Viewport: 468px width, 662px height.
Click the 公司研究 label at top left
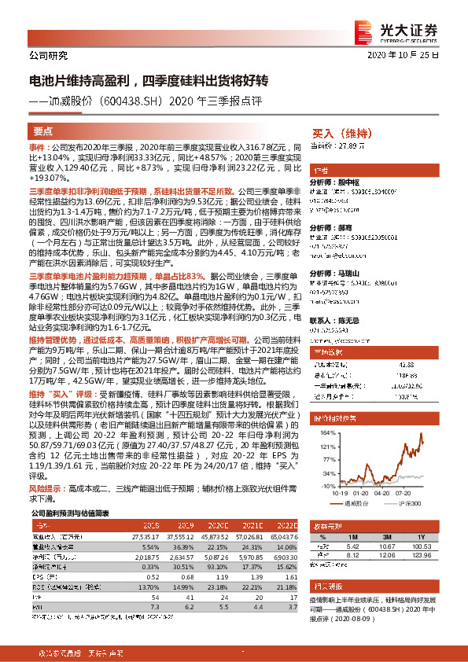click(48, 56)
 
